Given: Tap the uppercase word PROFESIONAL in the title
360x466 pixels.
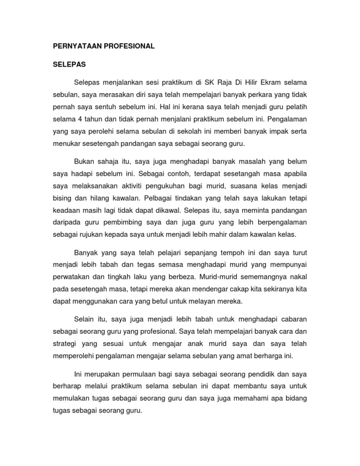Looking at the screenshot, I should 129,47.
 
